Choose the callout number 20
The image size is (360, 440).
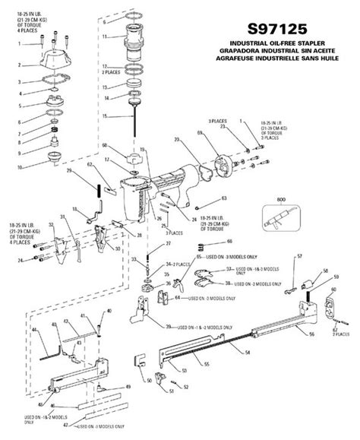click(175, 141)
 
